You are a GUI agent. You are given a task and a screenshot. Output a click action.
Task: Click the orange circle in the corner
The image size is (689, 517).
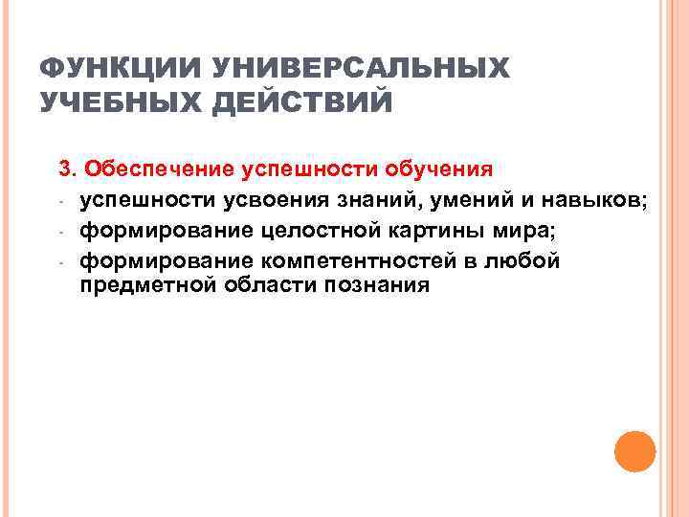tap(633, 451)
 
